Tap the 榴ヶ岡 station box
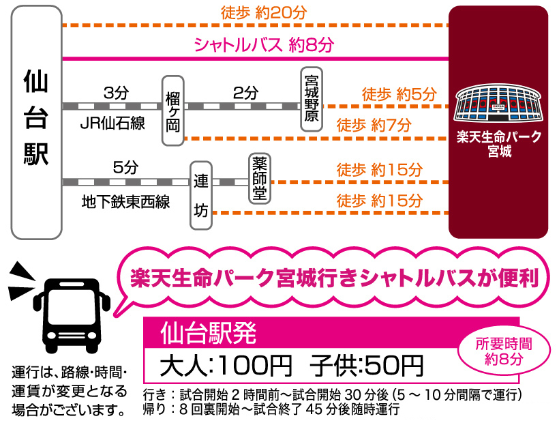(174, 110)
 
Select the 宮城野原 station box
(312, 99)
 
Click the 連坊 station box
(201, 194)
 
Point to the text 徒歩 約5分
(399, 93)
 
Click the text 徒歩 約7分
(374, 125)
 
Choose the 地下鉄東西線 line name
(125, 202)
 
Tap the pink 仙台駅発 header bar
(331, 334)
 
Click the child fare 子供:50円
(366, 366)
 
